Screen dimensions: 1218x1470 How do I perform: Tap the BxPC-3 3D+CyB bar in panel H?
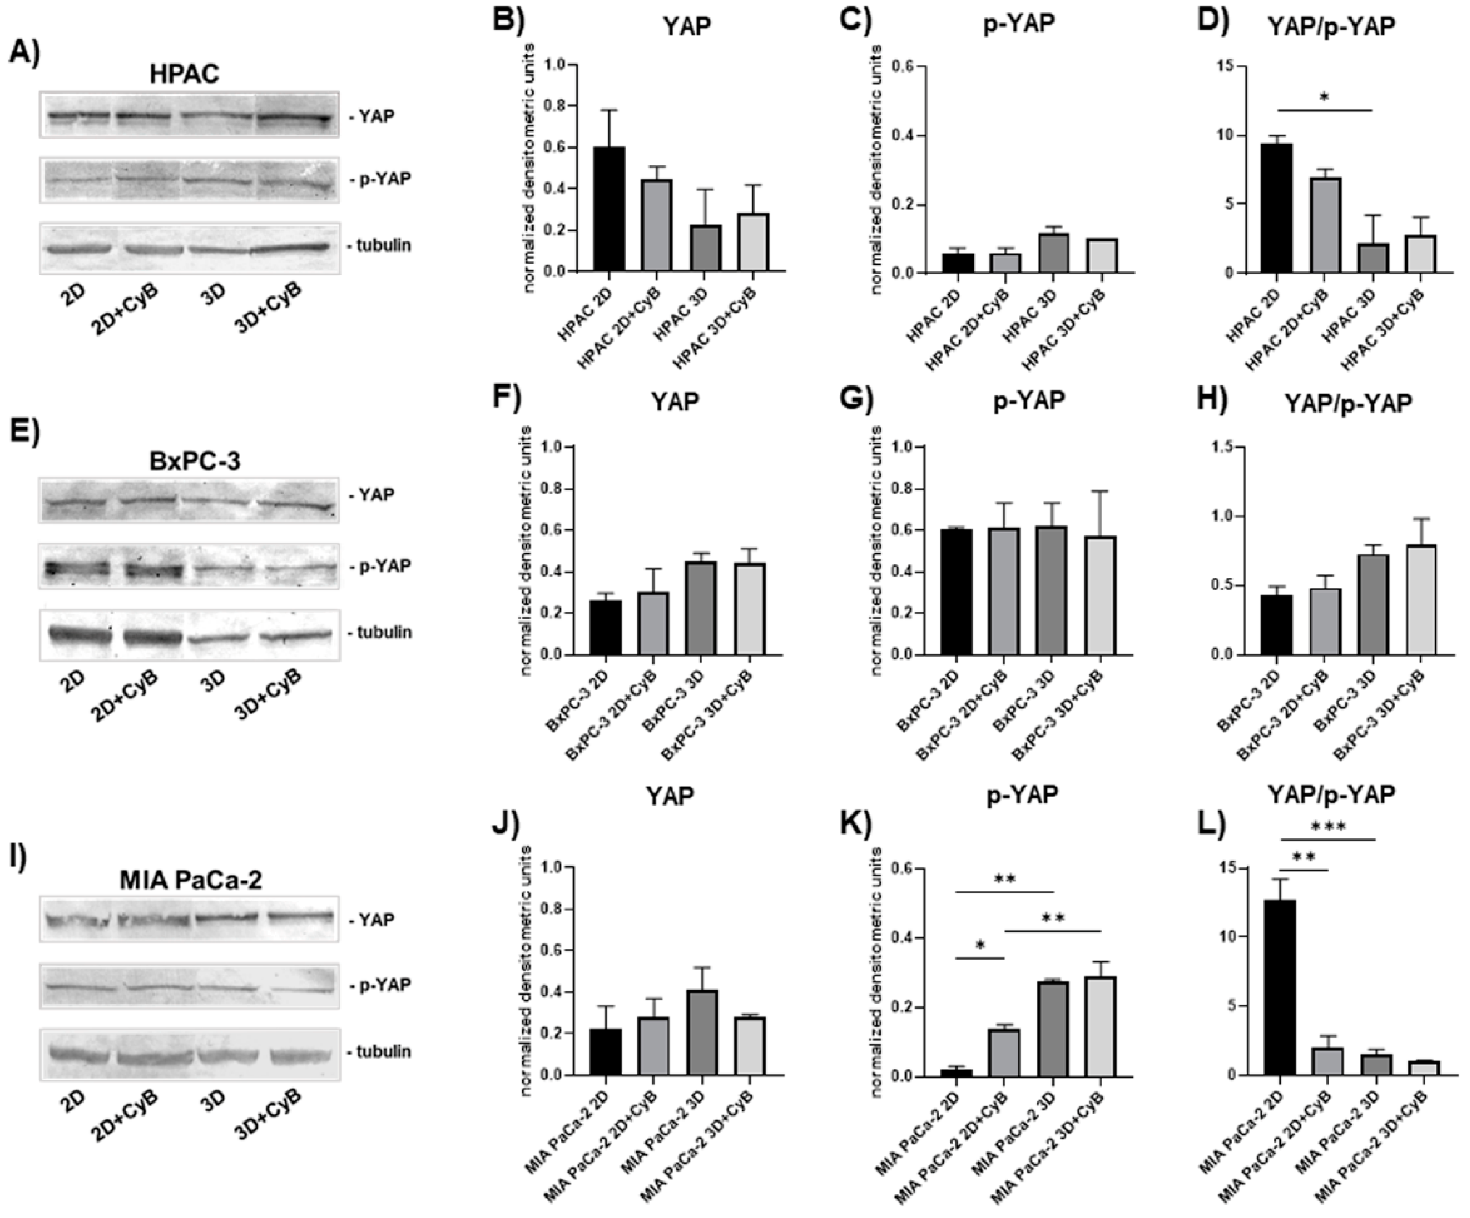point(1420,599)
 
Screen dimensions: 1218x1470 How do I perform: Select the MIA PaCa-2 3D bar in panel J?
point(701,1032)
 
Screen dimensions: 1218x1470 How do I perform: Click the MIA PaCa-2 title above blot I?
point(191,879)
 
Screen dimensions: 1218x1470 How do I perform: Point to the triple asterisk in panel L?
point(1328,827)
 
